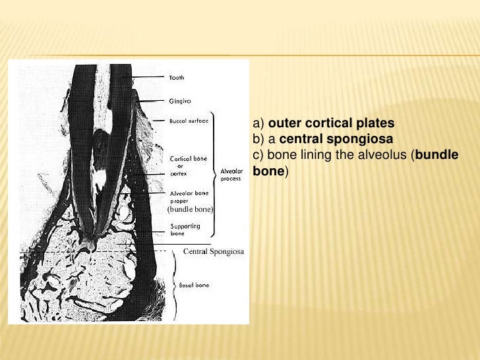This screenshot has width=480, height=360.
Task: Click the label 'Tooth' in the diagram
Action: pos(178,78)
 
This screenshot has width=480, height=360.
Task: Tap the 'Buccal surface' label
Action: pos(189,121)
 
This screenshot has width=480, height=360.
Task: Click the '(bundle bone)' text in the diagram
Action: pos(189,209)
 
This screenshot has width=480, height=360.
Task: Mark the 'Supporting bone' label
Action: pos(186,229)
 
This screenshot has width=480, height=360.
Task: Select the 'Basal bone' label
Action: pos(194,285)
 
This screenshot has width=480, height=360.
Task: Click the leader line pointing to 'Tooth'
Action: pos(148,78)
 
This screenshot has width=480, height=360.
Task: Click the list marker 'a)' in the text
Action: pos(258,123)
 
